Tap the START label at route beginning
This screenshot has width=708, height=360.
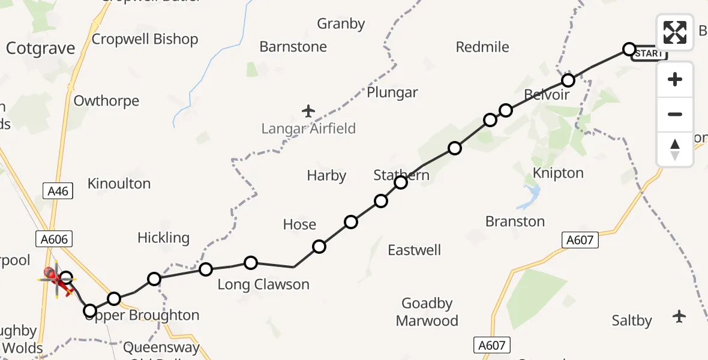649,53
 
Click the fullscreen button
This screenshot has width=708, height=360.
675,32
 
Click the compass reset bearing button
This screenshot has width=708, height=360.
675,149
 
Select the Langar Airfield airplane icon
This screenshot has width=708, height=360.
308,111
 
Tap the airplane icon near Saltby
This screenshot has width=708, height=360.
679,316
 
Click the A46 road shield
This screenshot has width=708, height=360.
58,191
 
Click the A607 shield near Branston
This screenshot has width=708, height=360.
580,241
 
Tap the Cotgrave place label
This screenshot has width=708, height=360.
40,49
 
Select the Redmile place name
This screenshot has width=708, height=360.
482,47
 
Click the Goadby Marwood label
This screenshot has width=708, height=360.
427,312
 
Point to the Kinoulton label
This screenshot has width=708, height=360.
119,184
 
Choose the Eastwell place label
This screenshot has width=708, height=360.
414,250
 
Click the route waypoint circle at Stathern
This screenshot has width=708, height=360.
401,182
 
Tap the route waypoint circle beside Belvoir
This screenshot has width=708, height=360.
568,80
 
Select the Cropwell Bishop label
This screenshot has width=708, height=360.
145,40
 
